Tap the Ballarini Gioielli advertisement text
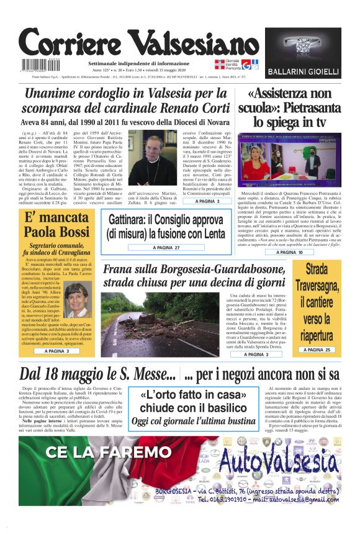(x=304, y=71)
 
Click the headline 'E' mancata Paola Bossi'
(x=56, y=225)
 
